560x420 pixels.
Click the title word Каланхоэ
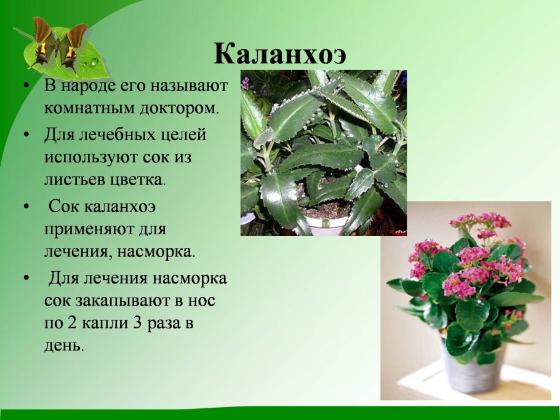pyautogui.click(x=280, y=55)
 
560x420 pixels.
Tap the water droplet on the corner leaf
pyautogui.click(x=94, y=62)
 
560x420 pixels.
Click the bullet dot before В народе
pyautogui.click(x=25, y=85)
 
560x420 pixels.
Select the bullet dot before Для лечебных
pyautogui.click(x=25, y=135)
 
